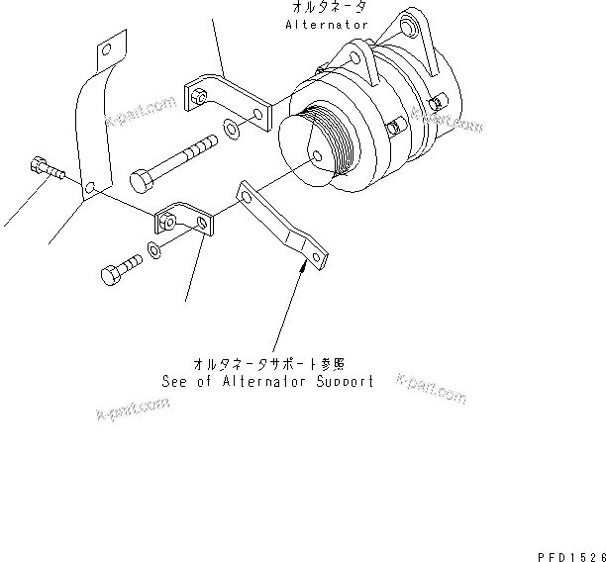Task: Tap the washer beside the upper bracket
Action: (230, 128)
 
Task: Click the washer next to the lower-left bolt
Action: (154, 248)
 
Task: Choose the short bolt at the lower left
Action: (118, 271)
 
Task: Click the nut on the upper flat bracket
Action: (197, 97)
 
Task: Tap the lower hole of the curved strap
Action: (89, 187)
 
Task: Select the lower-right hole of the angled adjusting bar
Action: (317, 259)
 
